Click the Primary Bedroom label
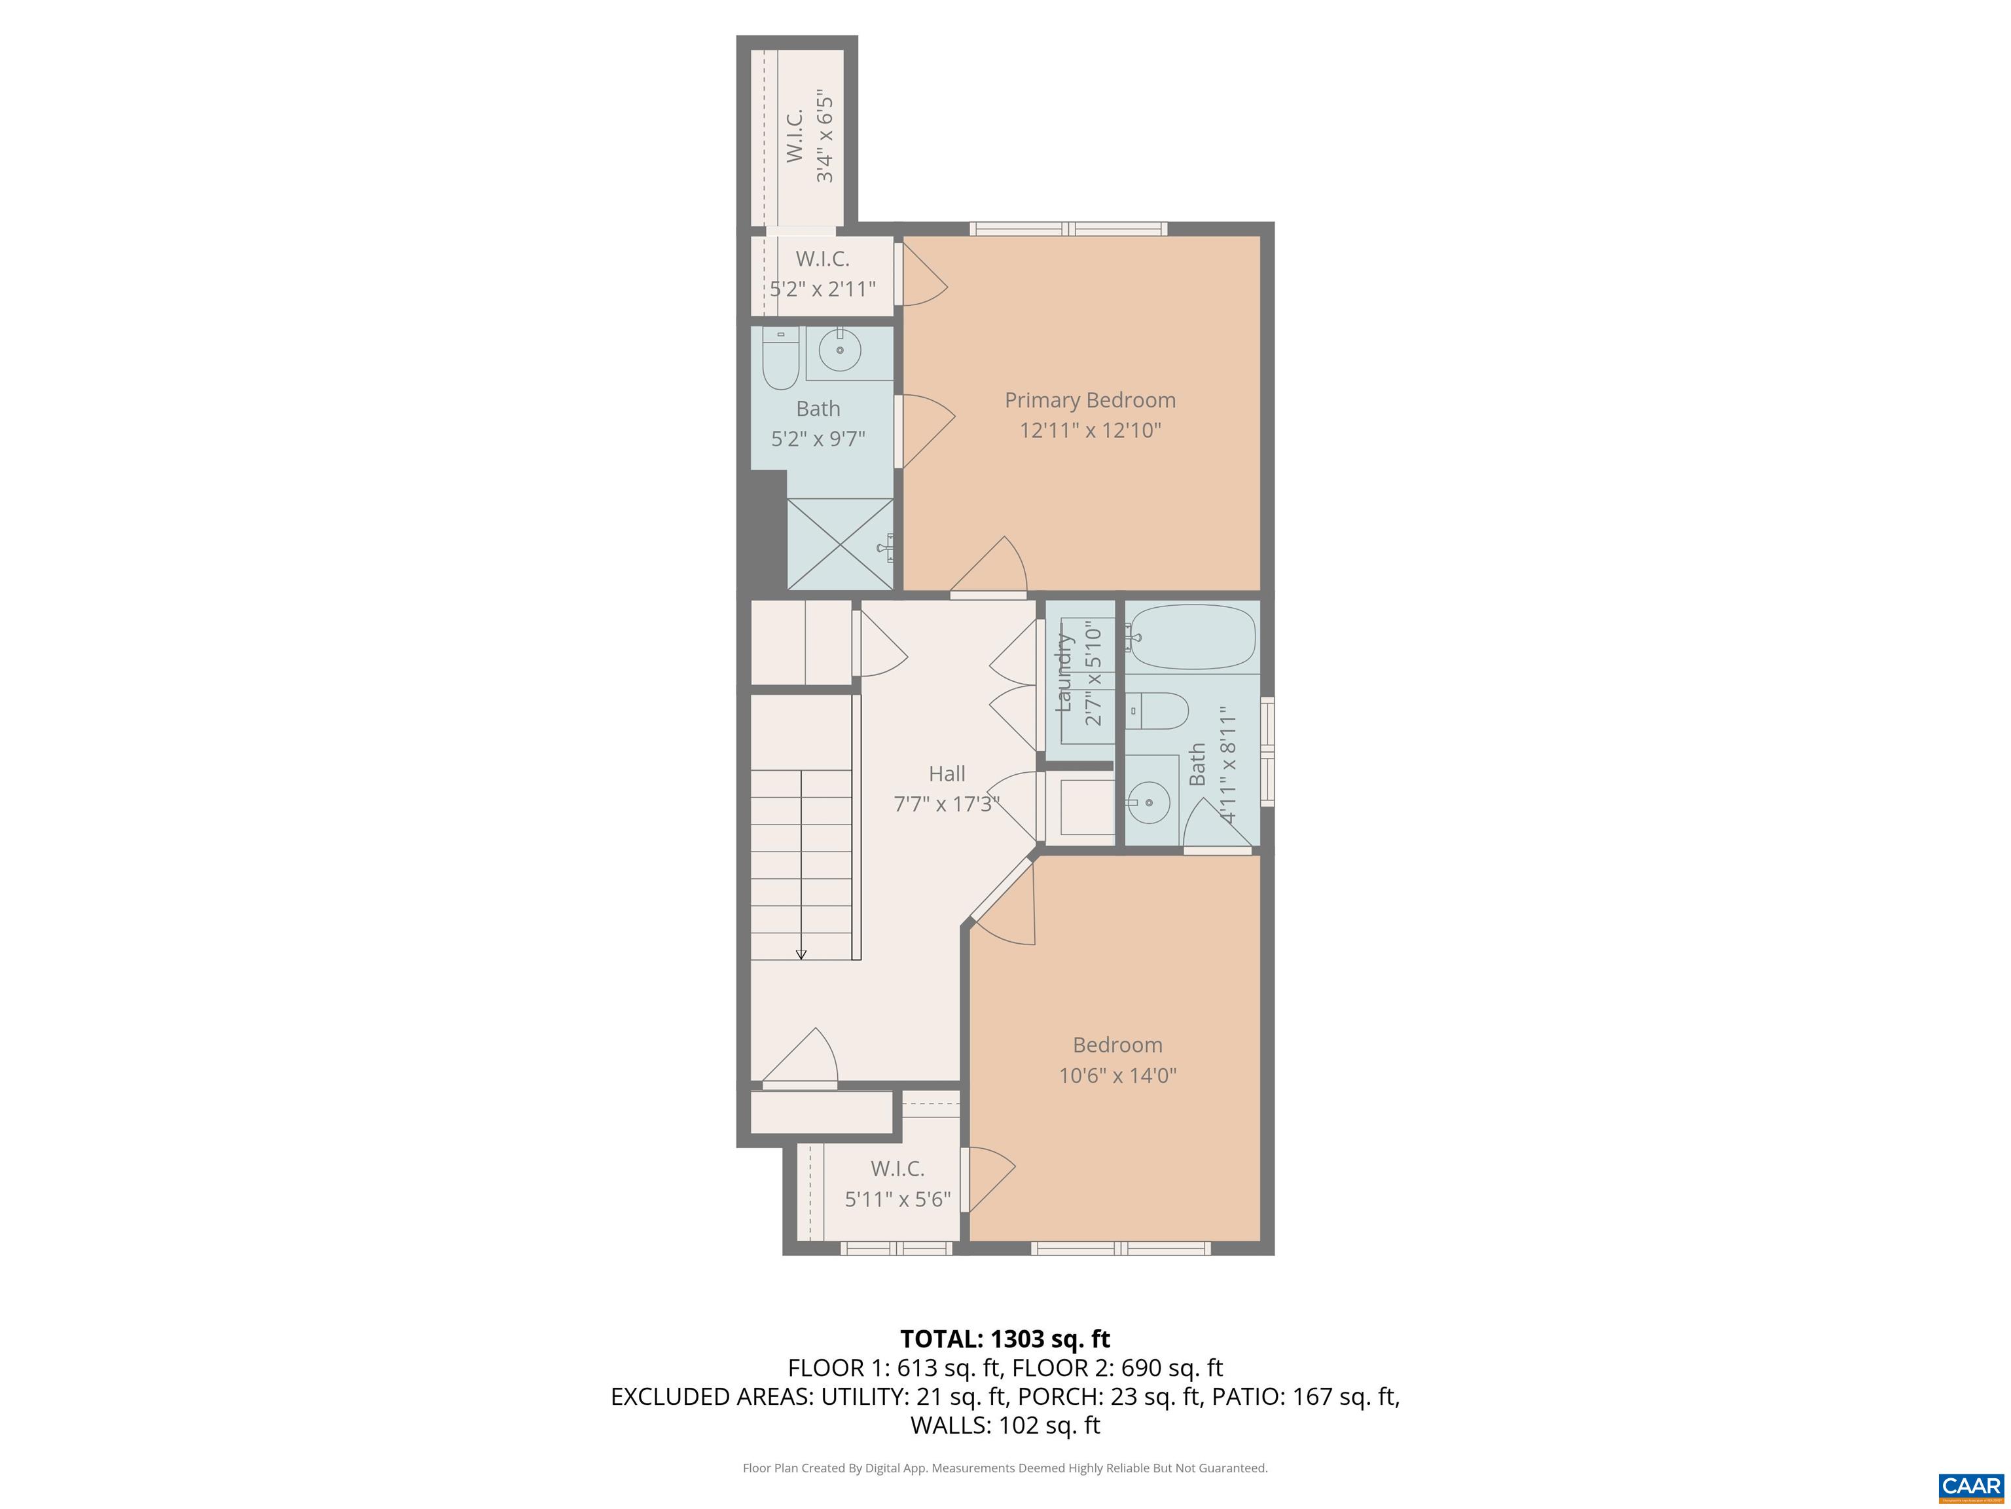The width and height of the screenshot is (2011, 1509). coord(1089,400)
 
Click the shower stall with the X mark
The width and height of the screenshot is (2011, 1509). coord(840,544)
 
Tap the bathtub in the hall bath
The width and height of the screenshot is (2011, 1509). coord(1193,637)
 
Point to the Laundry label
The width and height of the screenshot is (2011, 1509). coord(1064,673)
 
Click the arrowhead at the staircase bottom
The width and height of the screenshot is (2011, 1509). coord(801,954)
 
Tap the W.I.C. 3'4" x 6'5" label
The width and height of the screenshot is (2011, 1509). coord(808,136)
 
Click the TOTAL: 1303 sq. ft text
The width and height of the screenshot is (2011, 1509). coord(1005,1339)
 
